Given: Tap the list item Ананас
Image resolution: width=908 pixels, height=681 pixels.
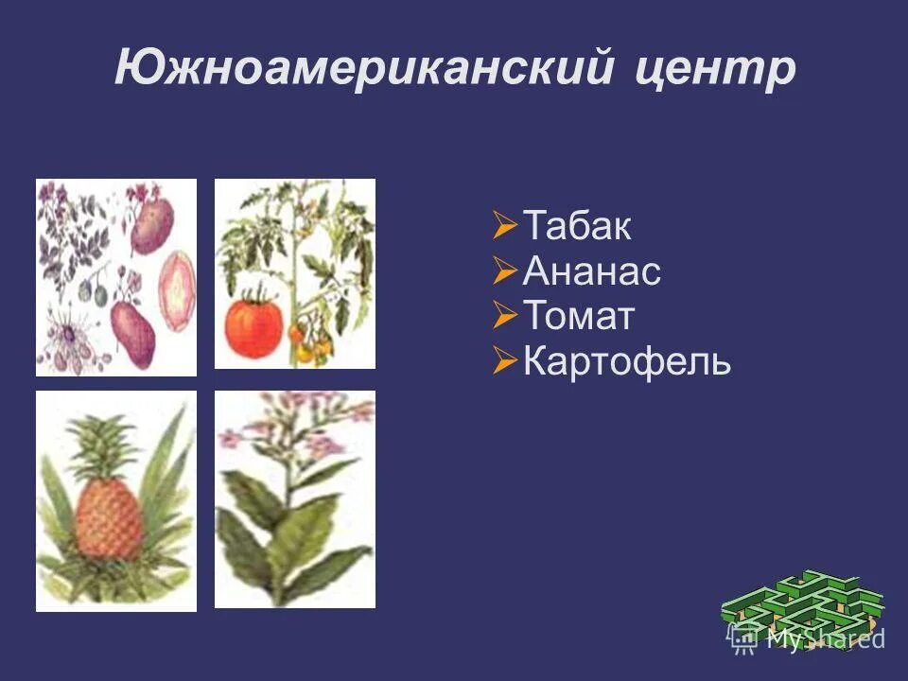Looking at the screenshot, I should click(591, 272).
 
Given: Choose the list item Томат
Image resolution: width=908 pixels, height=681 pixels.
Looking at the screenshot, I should click(578, 316).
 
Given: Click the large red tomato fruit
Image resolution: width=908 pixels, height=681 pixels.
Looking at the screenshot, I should click(253, 322).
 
